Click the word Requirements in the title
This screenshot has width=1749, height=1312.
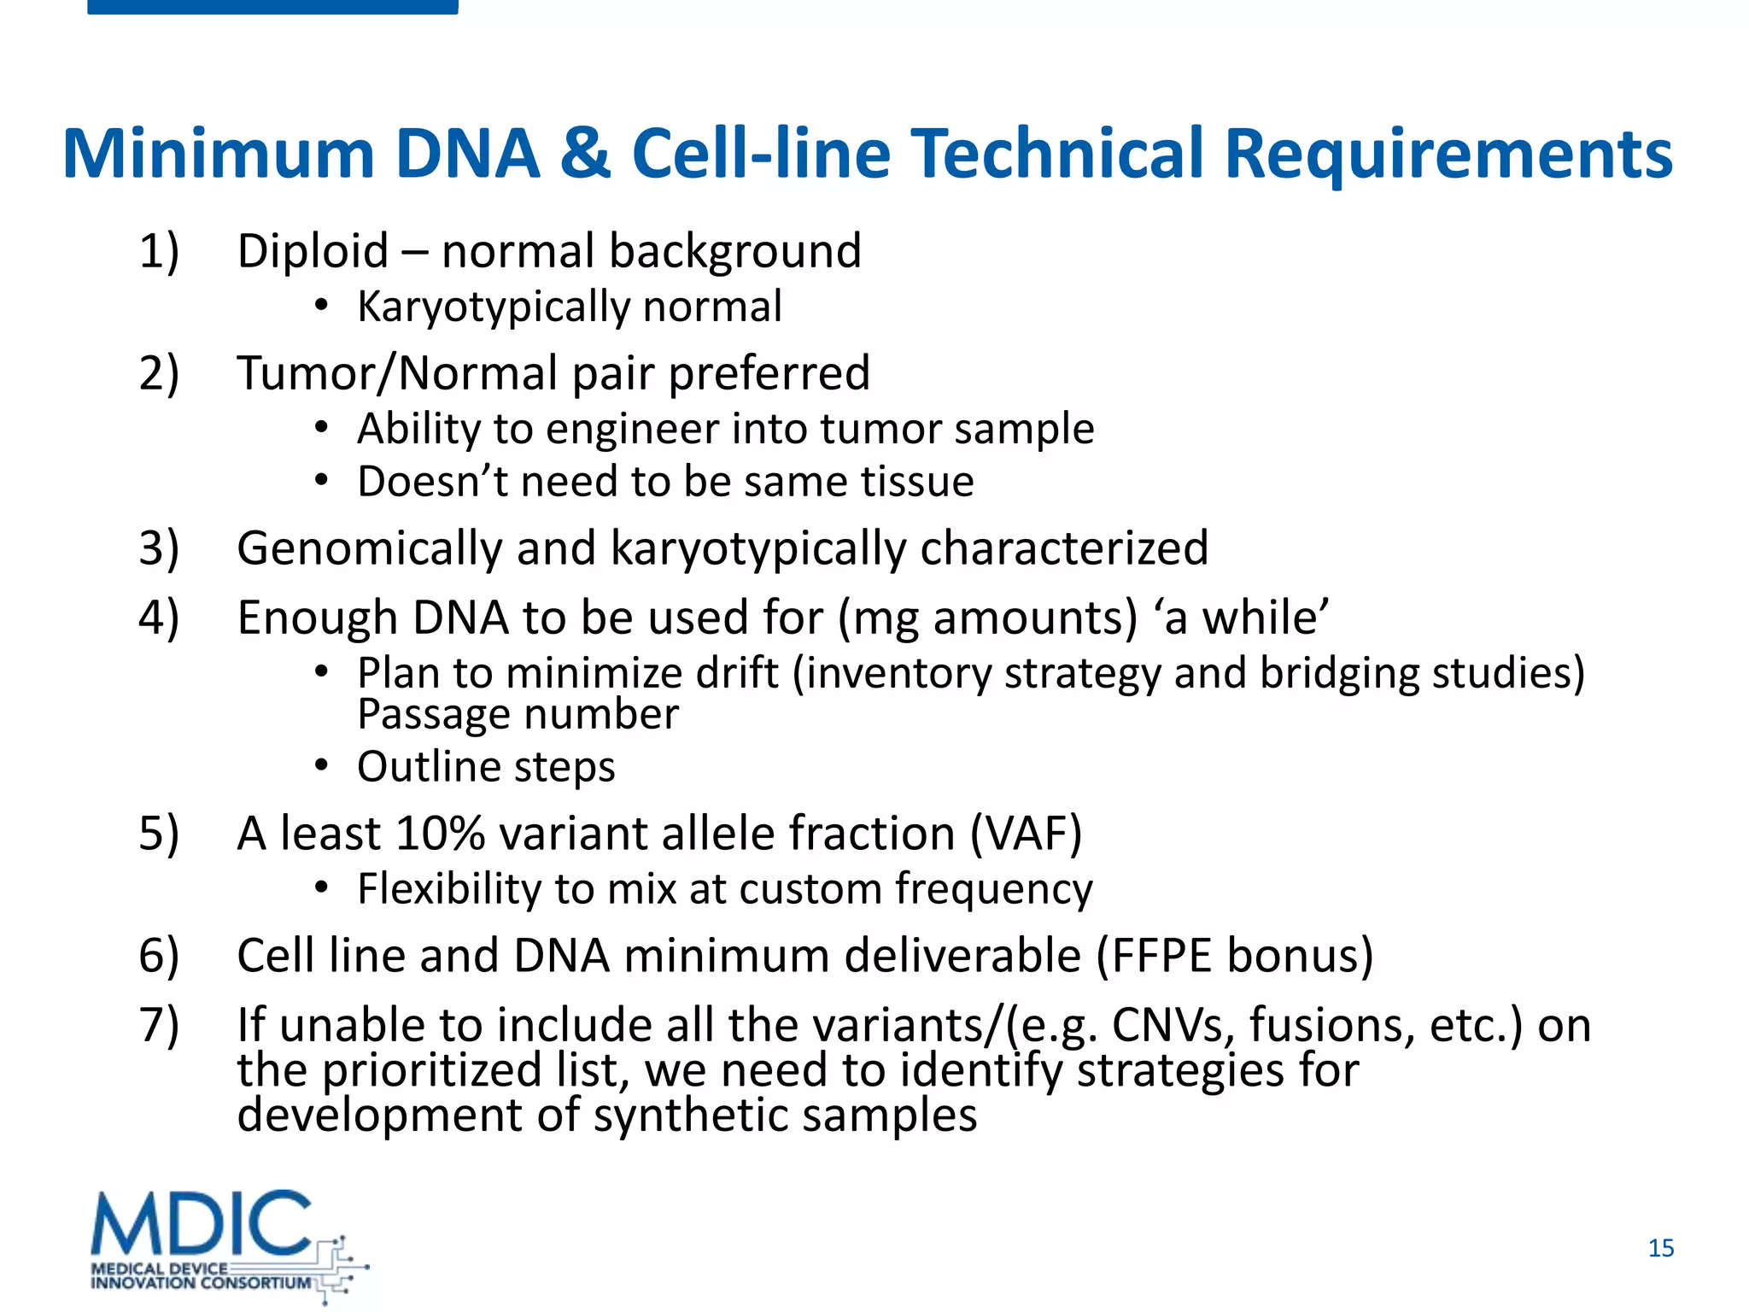1448,155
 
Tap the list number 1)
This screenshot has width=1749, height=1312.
159,252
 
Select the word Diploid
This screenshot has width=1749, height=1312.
313,252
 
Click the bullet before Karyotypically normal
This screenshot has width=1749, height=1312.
320,306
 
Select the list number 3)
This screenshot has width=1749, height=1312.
159,548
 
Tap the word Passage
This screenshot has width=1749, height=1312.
436,714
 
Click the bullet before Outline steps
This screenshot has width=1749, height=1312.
320,766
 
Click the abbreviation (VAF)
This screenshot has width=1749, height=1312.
1026,834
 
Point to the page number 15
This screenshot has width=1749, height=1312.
1660,1248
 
